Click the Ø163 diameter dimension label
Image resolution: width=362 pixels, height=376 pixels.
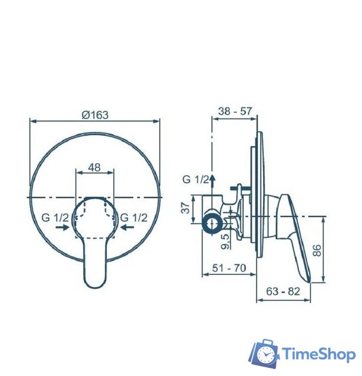(95, 115)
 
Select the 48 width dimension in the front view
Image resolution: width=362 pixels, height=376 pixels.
(94, 167)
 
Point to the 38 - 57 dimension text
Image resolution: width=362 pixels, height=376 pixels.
(234, 110)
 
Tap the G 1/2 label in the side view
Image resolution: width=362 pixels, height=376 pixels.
(196, 179)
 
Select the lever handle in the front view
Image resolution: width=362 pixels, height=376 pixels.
(94, 258)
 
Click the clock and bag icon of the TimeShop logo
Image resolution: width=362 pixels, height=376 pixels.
(264, 354)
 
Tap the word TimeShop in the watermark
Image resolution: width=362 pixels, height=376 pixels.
(318, 354)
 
